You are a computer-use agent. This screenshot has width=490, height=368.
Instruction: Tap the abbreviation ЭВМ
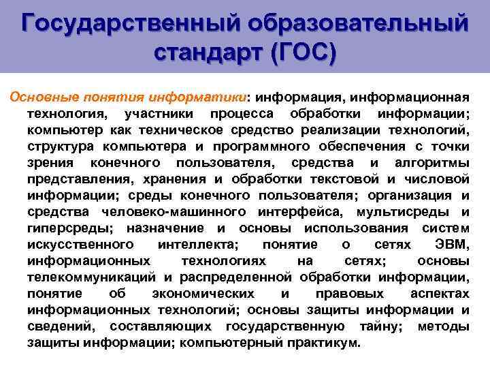coord(451,244)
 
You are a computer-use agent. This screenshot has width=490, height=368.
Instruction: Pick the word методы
coord(443,326)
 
